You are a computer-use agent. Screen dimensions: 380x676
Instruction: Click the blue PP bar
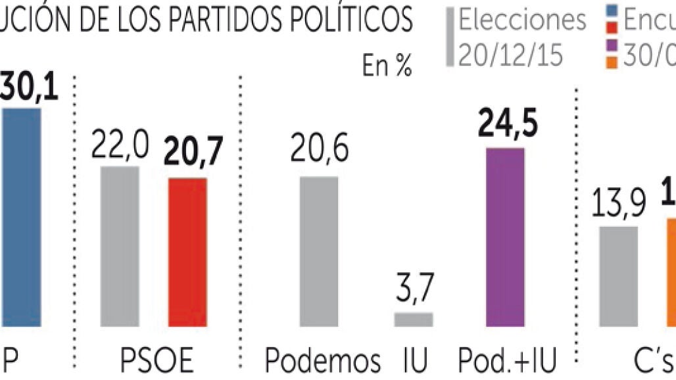[20, 217]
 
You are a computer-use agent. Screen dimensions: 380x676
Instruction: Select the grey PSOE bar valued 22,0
[120, 247]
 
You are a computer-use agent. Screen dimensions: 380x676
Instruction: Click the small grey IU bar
[414, 320]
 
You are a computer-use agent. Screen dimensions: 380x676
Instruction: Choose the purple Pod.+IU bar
[505, 237]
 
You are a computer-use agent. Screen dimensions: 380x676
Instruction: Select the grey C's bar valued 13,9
[618, 276]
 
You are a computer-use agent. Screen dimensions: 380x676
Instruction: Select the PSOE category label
[157, 360]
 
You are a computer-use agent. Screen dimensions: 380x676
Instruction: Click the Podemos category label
[323, 360]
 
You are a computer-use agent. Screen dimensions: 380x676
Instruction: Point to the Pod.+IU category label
[508, 360]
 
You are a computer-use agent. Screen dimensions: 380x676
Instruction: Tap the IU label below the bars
[414, 360]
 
